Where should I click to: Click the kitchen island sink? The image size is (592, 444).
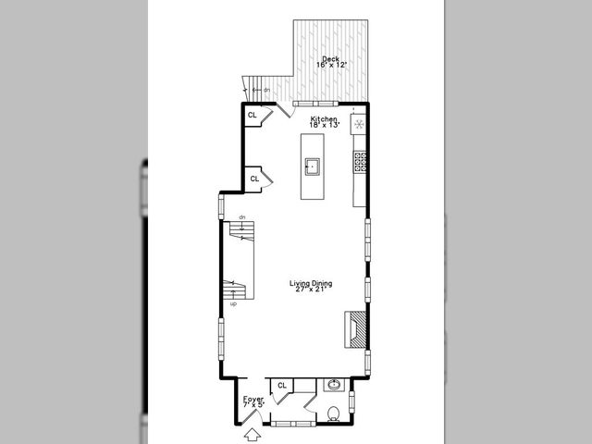(314, 166)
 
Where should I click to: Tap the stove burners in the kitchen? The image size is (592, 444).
(359, 163)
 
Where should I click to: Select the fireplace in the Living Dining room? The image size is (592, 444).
(356, 328)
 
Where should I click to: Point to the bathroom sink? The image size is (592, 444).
(333, 385)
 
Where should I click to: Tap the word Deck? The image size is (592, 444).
(330, 59)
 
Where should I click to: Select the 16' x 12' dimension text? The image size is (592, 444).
(330, 66)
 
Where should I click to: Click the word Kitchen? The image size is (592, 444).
(323, 119)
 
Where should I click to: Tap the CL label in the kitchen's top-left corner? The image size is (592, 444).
(252, 116)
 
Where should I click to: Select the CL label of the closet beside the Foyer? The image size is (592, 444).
(281, 385)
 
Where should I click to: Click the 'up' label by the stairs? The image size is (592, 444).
(232, 303)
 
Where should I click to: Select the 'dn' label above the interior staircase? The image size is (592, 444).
(240, 217)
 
